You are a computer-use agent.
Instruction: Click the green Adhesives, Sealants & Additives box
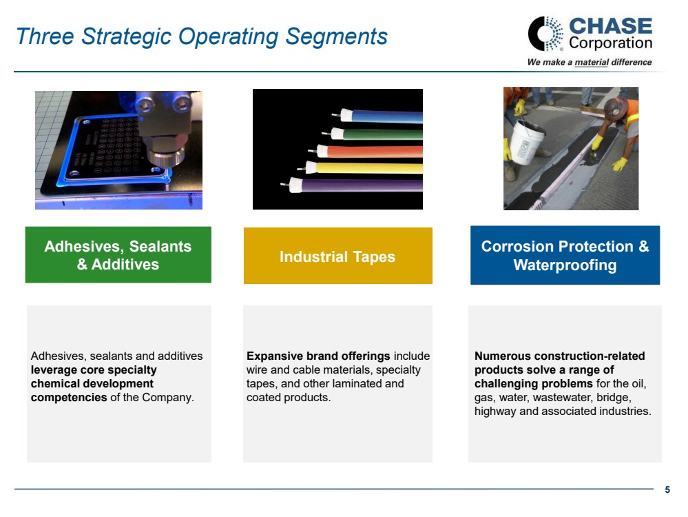coord(118,255)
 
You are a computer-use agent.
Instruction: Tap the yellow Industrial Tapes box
coord(338,256)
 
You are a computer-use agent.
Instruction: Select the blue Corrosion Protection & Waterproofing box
coord(565,255)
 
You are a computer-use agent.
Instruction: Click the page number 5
coord(667,489)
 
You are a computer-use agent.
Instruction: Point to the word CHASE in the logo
coord(610,26)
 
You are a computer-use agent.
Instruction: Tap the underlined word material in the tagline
coord(592,62)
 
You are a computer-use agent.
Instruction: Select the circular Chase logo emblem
coord(545,34)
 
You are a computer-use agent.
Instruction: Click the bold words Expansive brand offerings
coord(318,356)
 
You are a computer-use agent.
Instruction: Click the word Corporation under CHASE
coord(610,43)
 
